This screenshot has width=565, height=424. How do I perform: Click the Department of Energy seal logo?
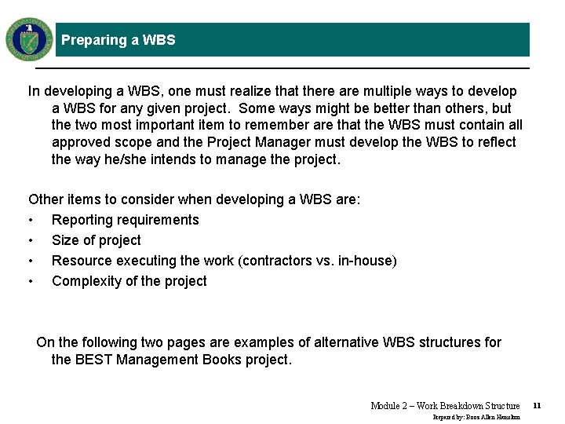pos(29,39)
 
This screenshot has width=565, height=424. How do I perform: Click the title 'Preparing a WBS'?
pos(118,40)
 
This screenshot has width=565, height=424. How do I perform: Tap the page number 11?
pos(537,406)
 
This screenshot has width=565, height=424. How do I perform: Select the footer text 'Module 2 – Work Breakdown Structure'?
pos(445,406)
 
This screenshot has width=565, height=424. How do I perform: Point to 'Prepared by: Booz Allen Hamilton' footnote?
pos(476,417)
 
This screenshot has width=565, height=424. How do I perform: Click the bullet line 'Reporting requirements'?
pos(125,220)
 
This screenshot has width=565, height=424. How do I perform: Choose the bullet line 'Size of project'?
pos(96,240)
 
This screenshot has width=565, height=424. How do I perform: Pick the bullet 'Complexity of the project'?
pos(129,281)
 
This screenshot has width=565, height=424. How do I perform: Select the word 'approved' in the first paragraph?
pos(78,142)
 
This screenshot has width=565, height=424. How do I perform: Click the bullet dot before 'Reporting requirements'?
pos(31,221)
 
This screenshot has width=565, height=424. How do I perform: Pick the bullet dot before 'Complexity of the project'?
pos(31,282)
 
